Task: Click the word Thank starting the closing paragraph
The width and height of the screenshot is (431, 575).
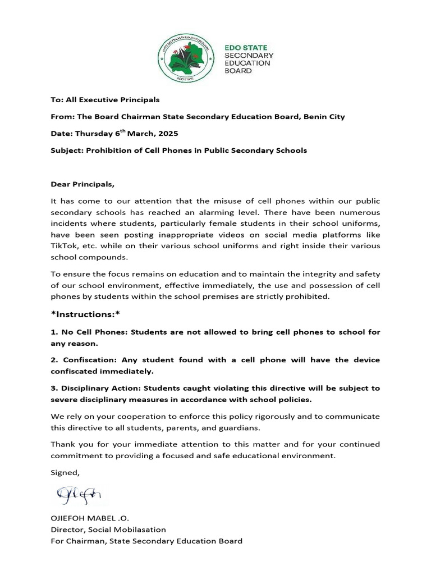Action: tap(63, 444)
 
